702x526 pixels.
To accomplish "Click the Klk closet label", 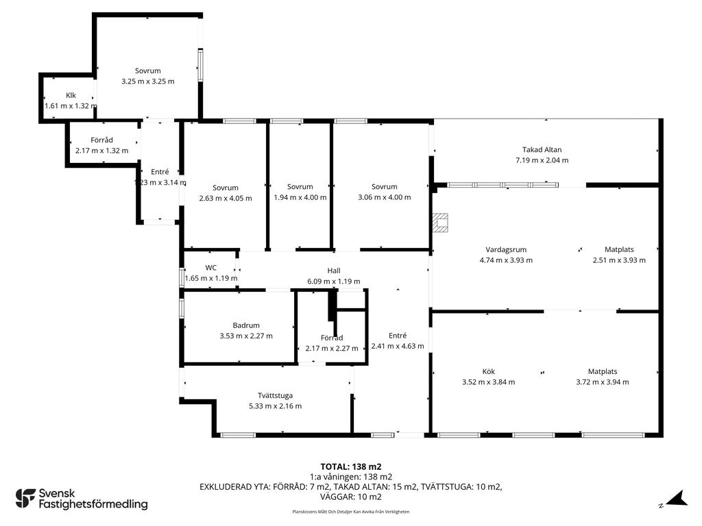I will point(71,95).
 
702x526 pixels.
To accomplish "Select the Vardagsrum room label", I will point(506,250).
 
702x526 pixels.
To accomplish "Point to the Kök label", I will point(488,372).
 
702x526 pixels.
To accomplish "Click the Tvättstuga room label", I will point(275,395).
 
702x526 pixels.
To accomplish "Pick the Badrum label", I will point(246,325).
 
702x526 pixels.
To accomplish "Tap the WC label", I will point(211,267).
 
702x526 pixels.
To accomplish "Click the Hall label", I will point(334,271).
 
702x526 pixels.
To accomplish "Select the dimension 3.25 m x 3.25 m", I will point(148,82).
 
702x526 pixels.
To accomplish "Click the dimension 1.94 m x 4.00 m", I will point(300,197).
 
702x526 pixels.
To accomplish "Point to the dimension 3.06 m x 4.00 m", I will point(385,197).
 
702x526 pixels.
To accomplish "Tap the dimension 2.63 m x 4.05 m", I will point(226,198).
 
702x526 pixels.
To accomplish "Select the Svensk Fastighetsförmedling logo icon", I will point(25,498).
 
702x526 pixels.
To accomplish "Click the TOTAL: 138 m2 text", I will point(350,466).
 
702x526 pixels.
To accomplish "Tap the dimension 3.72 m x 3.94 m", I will point(603,382).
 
